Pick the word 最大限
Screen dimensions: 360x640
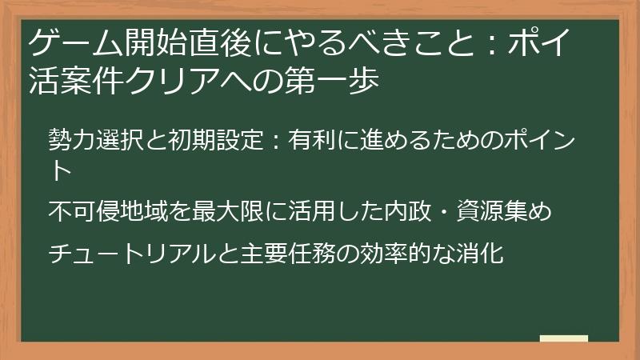(225, 212)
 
